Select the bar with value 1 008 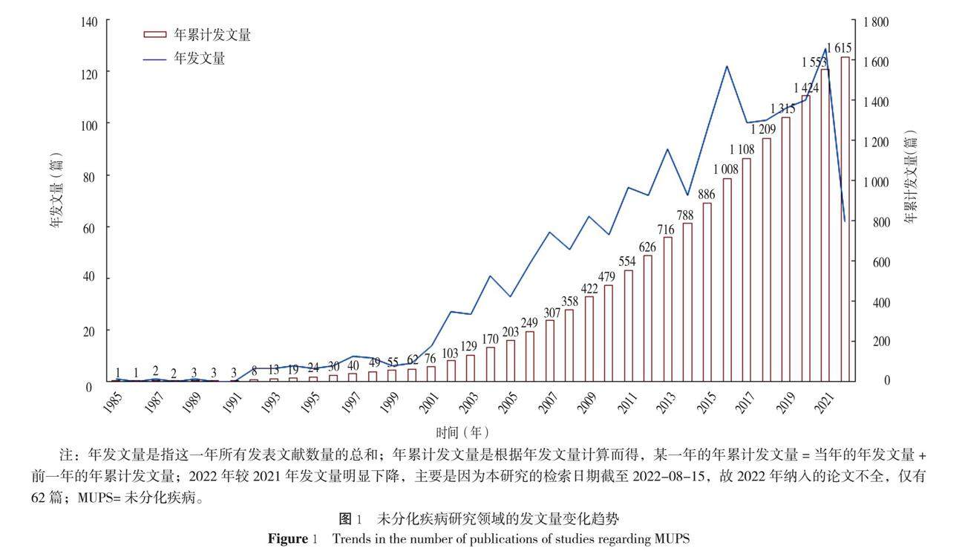click(x=727, y=279)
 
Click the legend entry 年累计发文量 click(x=197, y=34)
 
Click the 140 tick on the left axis click(x=91, y=22)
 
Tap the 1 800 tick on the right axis click(x=875, y=22)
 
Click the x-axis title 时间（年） click(x=462, y=431)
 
